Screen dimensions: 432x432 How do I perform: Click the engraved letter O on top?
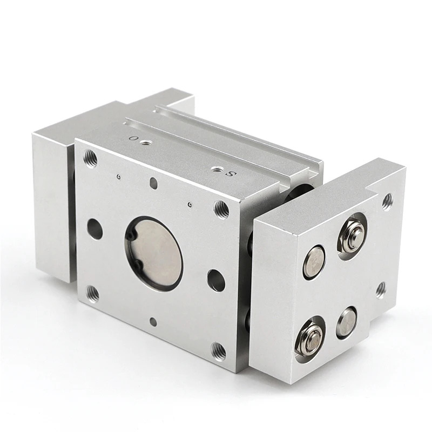pos(134,138)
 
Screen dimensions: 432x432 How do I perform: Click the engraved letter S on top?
pos(231,174)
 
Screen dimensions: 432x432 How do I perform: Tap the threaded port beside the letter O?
pos(144,143)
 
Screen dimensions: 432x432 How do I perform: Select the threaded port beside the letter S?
pos(215,169)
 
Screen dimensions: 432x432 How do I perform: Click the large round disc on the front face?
pos(154,253)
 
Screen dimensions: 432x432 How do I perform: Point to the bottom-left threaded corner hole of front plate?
pos(93,294)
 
